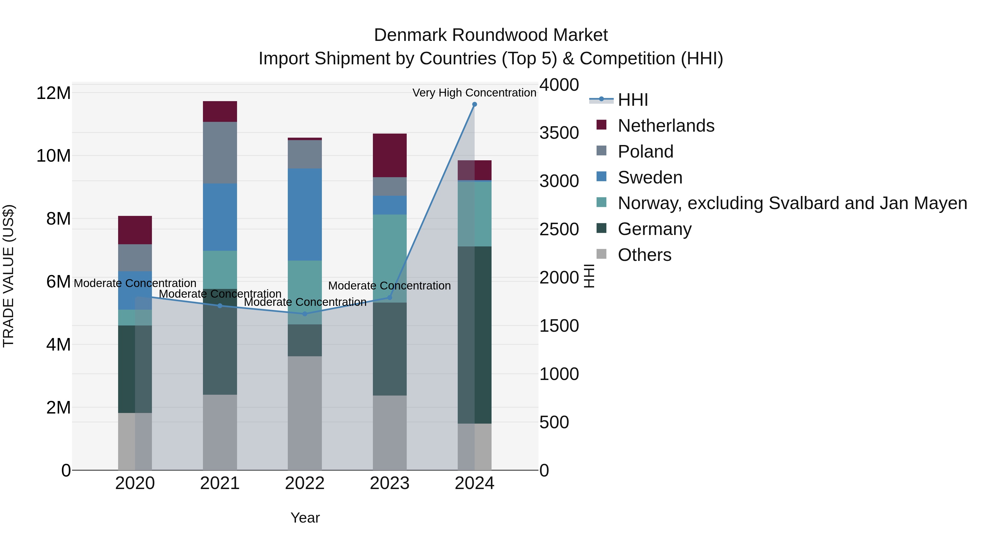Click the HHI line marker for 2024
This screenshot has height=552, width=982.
(x=474, y=104)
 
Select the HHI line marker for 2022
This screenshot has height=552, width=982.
(x=305, y=314)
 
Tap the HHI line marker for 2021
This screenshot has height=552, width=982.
(x=220, y=306)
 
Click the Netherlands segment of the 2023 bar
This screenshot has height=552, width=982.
(x=390, y=155)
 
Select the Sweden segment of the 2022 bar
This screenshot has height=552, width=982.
(x=305, y=215)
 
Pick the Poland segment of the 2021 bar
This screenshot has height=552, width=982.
(x=220, y=153)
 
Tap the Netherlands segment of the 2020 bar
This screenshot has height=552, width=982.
(x=135, y=230)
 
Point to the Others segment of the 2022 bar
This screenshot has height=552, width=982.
(x=305, y=413)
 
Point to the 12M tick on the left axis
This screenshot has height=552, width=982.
(x=53, y=93)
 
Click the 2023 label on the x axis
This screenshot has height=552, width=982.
(x=390, y=483)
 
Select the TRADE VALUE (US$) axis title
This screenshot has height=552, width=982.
(x=8, y=276)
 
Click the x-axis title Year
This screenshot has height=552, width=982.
(x=305, y=518)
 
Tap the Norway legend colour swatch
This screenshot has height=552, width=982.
(x=601, y=202)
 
